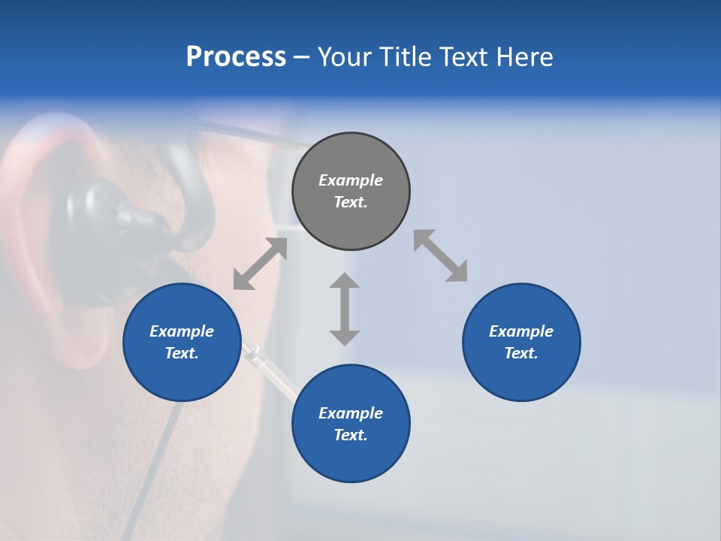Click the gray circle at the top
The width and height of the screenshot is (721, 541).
point(351,192)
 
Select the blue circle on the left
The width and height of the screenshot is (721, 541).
point(182,342)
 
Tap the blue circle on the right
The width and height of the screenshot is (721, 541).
point(521,342)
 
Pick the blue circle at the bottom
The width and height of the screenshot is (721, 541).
point(351,424)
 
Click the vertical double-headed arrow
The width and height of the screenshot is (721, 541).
point(345,309)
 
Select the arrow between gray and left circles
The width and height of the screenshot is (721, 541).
point(260,264)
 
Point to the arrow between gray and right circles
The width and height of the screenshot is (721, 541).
point(440,256)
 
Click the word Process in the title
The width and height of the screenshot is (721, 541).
point(236,57)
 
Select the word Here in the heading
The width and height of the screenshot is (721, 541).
point(525,57)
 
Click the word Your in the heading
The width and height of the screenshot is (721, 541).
point(345,57)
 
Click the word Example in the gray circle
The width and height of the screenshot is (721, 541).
point(351,180)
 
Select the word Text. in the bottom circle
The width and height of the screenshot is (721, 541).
point(351,435)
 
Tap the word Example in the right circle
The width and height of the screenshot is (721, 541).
point(521,331)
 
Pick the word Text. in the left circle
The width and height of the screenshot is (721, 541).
point(182,353)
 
